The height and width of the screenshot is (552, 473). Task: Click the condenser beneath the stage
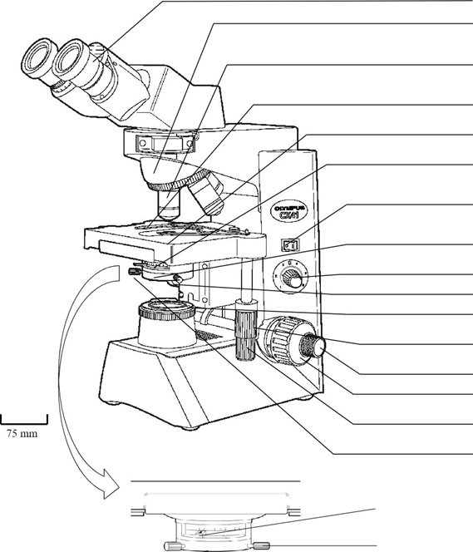pos(166,271)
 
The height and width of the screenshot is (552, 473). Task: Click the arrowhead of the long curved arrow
pos(111,492)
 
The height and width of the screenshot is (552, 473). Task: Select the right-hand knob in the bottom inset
pos(264,545)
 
